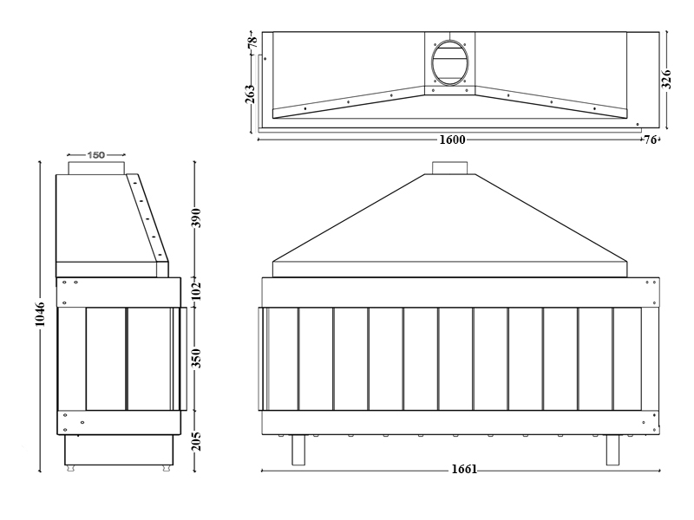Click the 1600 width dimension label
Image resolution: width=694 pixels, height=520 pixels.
tap(452, 140)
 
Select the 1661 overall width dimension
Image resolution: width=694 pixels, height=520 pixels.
tap(464, 469)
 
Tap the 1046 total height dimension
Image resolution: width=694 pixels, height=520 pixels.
tap(40, 315)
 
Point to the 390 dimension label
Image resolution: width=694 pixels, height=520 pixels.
tap(196, 218)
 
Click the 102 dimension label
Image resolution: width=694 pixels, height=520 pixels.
tap(196, 291)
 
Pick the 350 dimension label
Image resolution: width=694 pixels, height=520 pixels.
tap(196, 358)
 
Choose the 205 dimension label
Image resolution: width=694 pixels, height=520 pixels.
tap(196, 441)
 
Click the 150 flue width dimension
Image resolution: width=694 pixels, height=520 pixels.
tap(95, 155)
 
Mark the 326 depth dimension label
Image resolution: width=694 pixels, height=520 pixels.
tap(666, 80)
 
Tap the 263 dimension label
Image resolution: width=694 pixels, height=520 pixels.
tap(250, 94)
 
